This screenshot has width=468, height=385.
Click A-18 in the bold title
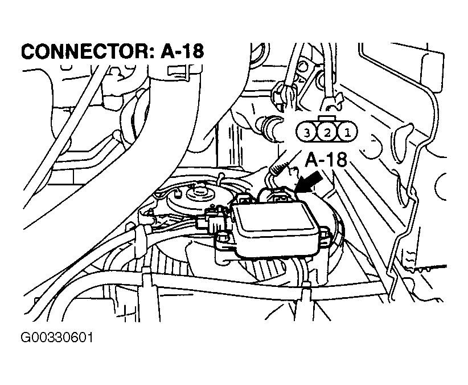(x=183, y=51)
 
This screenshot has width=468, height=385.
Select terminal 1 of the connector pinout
(x=347, y=132)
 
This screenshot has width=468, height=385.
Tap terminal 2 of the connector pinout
(x=327, y=132)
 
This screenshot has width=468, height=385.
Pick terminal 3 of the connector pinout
(x=307, y=132)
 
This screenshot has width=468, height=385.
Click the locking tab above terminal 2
(x=327, y=119)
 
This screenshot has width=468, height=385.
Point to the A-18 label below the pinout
(x=326, y=160)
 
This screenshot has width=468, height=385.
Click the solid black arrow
(x=310, y=182)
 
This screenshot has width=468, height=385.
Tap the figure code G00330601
(x=57, y=338)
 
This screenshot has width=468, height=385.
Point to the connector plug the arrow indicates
(x=278, y=197)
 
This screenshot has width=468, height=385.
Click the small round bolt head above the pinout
(x=303, y=66)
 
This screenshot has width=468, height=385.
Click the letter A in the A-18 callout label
(x=311, y=160)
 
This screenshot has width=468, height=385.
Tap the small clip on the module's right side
(x=324, y=234)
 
